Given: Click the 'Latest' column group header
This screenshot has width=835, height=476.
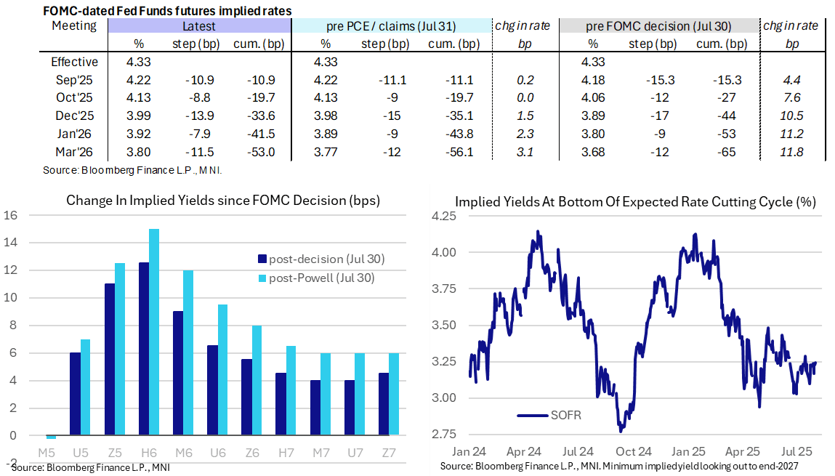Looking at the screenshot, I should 199,26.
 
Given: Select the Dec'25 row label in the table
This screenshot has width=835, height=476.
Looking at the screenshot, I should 74,116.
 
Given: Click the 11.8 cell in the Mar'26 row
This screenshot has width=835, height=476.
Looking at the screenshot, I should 790,152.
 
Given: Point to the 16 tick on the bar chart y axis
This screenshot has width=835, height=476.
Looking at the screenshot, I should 9,215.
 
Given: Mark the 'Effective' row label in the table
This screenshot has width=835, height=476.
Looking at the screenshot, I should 74,62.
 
